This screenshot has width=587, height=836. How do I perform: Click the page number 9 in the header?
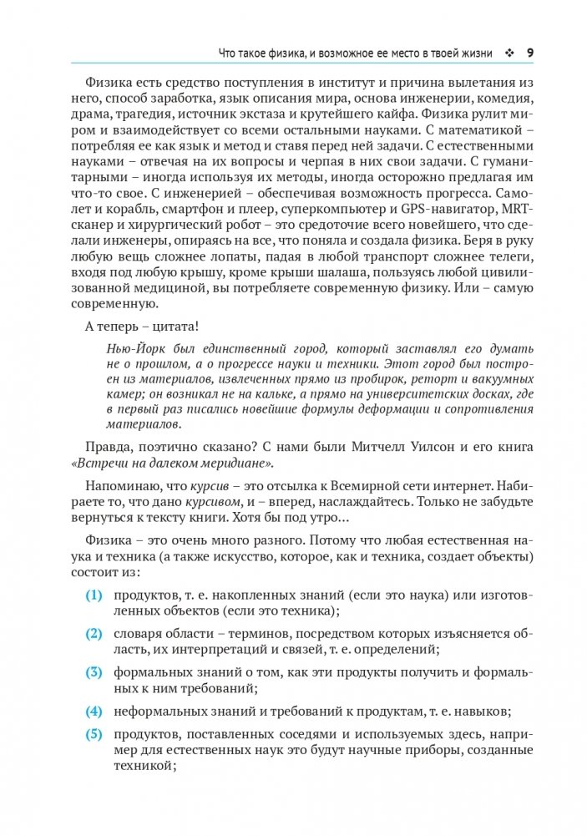click(x=530, y=53)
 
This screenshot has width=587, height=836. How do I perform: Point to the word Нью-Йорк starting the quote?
click(x=134, y=347)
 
